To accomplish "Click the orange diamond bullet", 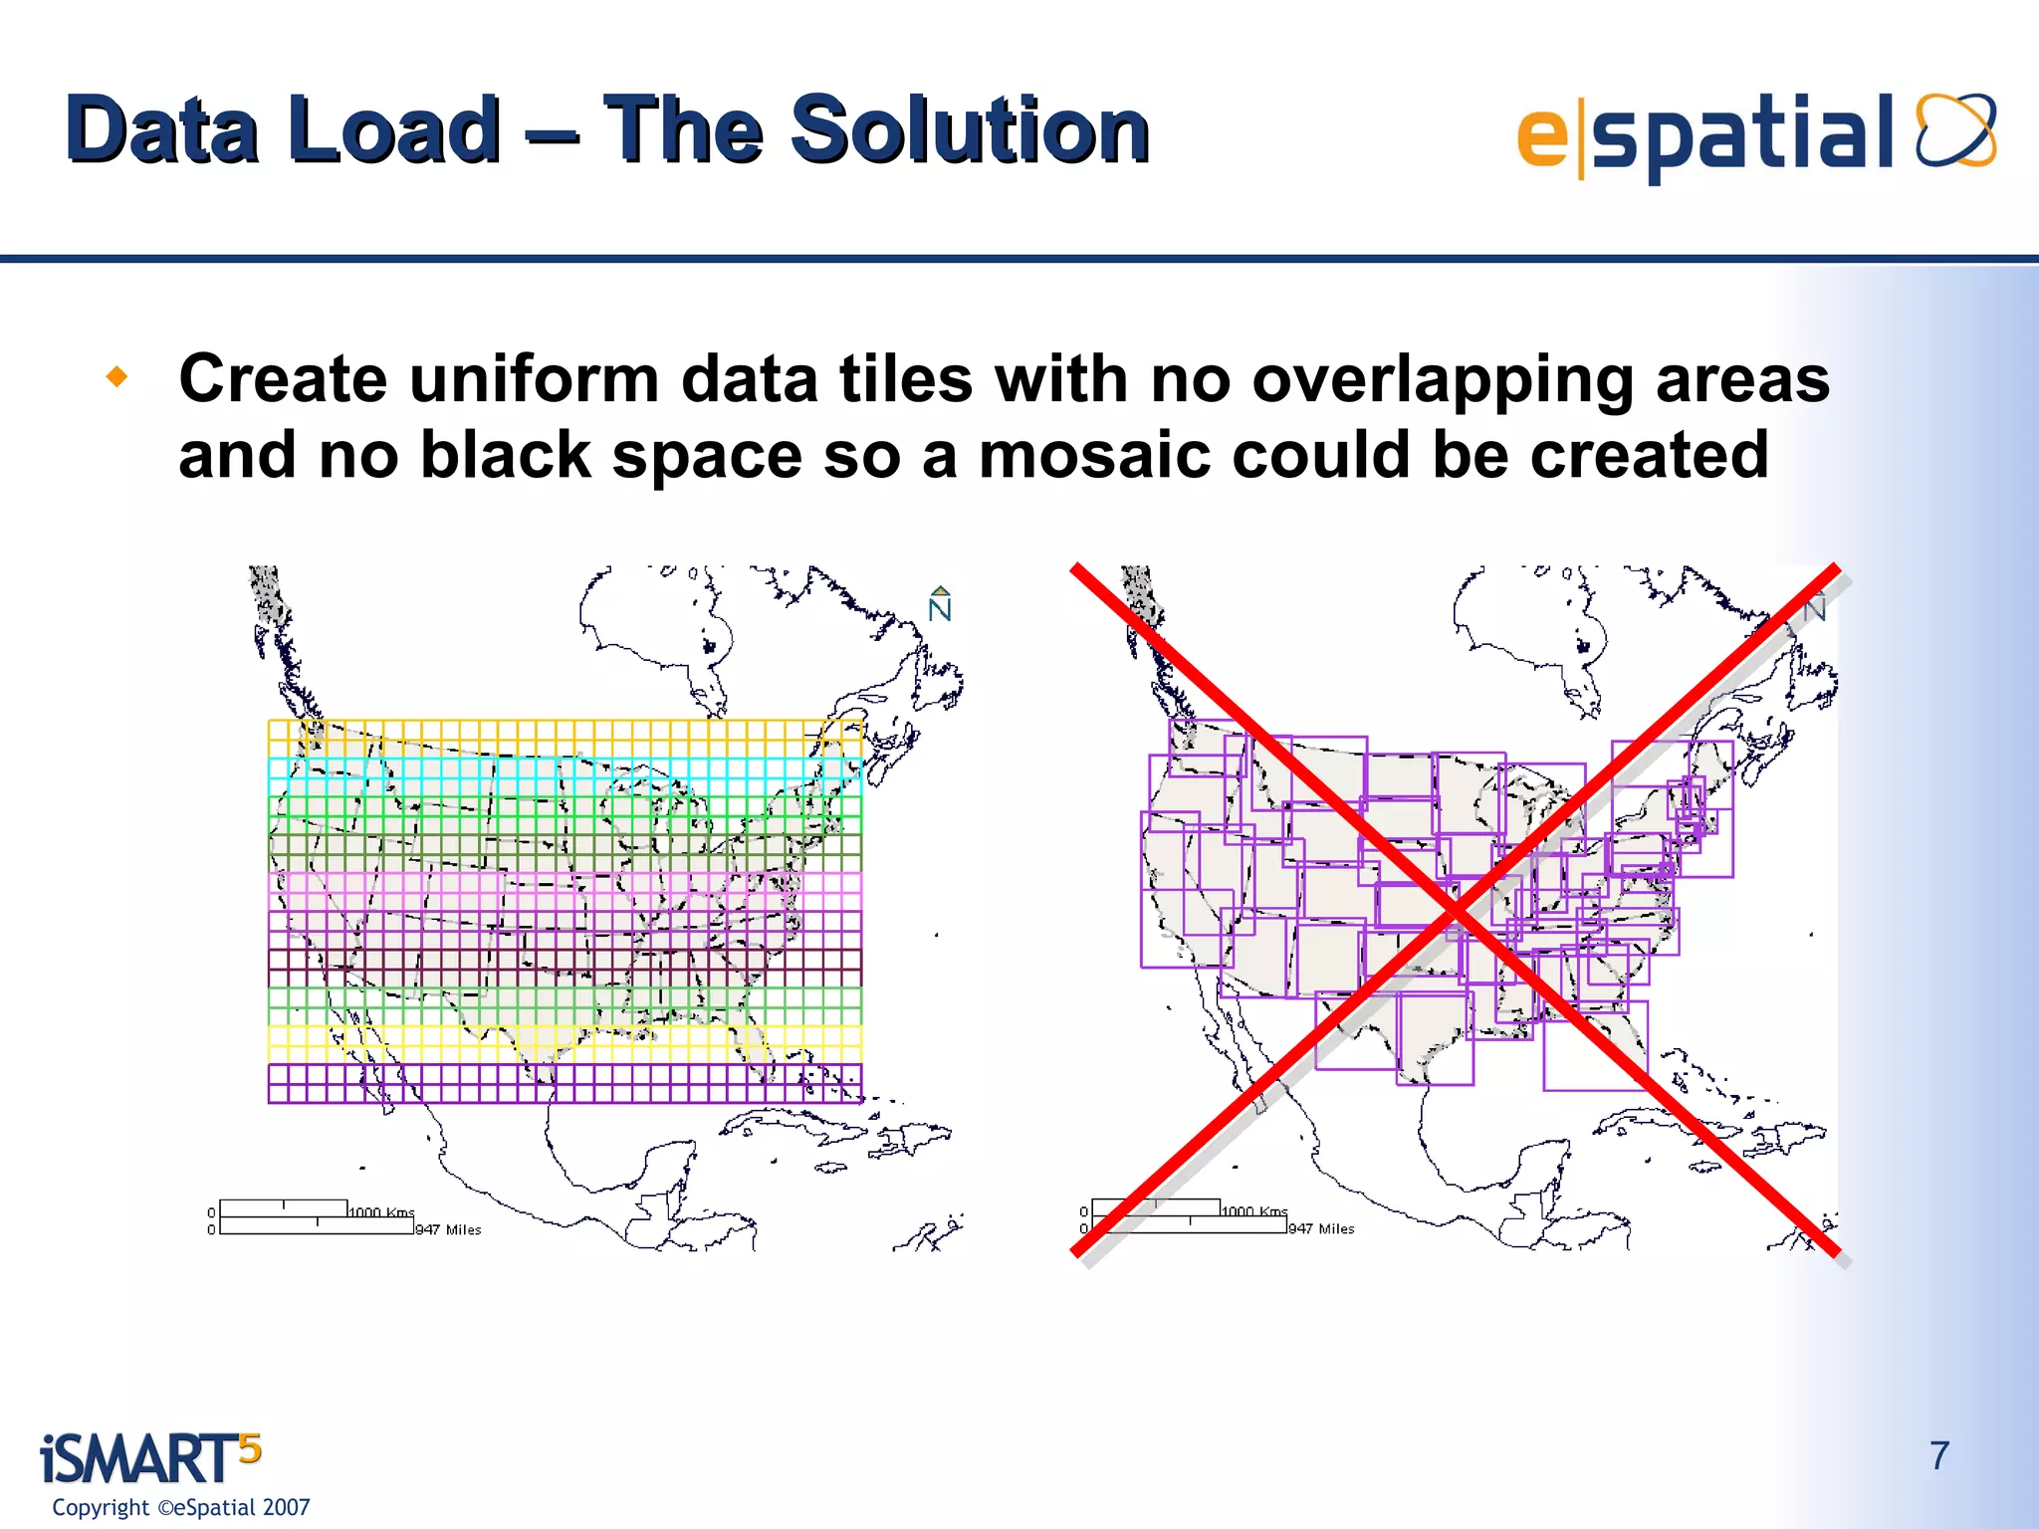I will point(117,377).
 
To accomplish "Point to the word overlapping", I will point(1441,381).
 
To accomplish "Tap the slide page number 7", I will point(1939,1455).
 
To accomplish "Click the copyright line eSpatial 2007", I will point(181,1507).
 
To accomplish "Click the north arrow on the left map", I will point(940,604).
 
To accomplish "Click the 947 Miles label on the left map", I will point(448,1230).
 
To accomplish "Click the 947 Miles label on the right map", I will point(1321,1229).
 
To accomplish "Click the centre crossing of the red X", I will point(1456,911).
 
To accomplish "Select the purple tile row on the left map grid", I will point(565,1083).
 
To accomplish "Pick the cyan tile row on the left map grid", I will point(565,777).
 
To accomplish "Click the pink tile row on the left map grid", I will point(565,891).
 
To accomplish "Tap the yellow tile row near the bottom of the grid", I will point(565,1044).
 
